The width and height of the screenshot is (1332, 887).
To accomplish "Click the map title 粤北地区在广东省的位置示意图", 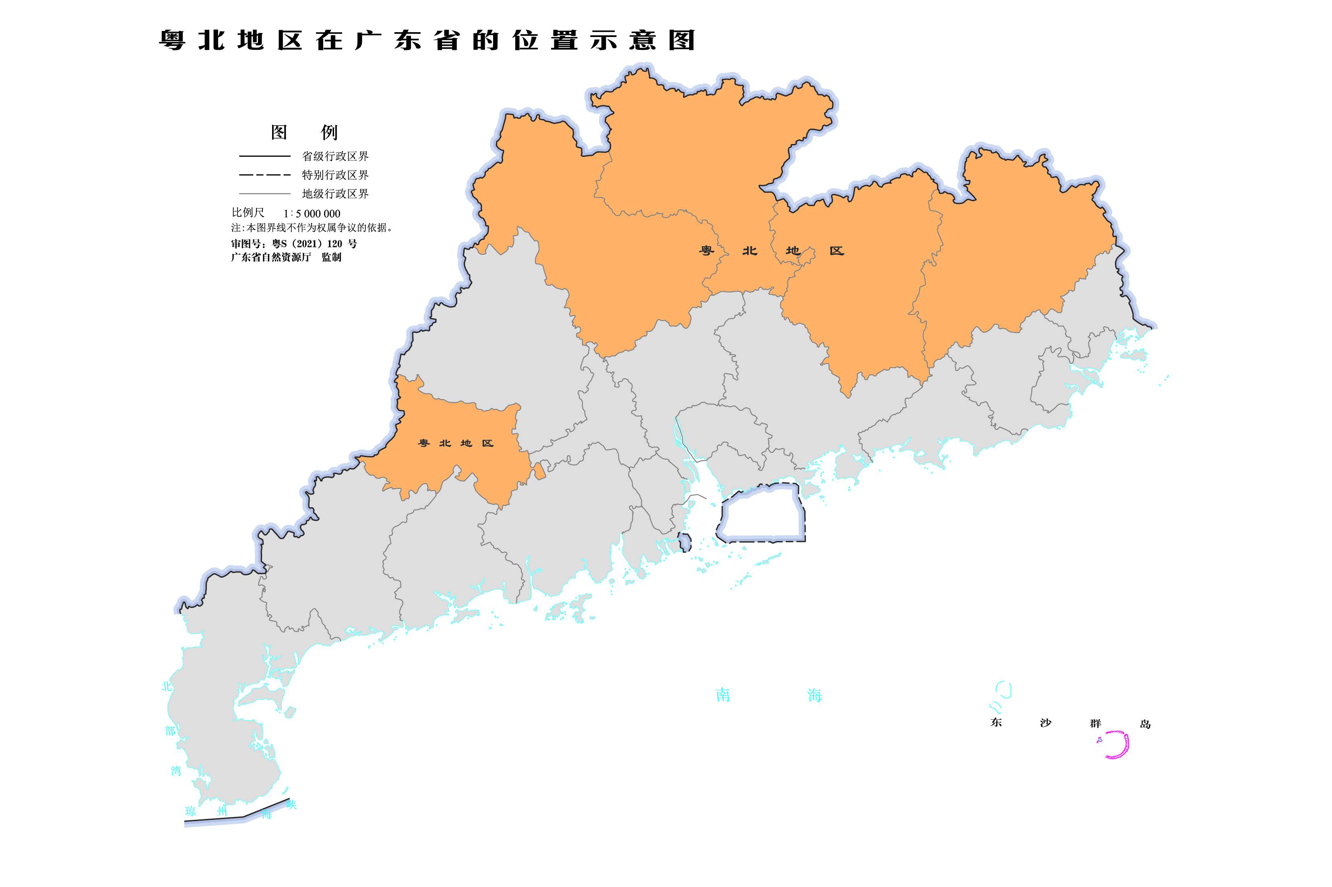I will click(x=426, y=40).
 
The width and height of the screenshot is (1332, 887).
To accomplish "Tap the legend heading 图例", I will click(x=304, y=132).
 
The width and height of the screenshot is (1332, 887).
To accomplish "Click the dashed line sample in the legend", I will click(x=264, y=175).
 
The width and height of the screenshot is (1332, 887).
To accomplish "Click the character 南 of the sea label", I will click(x=722, y=695).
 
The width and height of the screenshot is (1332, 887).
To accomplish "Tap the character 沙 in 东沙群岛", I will click(x=1045, y=723).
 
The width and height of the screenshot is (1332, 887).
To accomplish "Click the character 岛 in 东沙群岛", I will click(x=1145, y=724).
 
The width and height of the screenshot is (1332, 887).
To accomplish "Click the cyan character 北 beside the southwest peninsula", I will click(x=166, y=687).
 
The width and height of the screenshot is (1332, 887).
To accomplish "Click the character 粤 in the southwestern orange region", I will click(x=423, y=443).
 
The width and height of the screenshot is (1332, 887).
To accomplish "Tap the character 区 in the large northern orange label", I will click(x=836, y=251).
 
